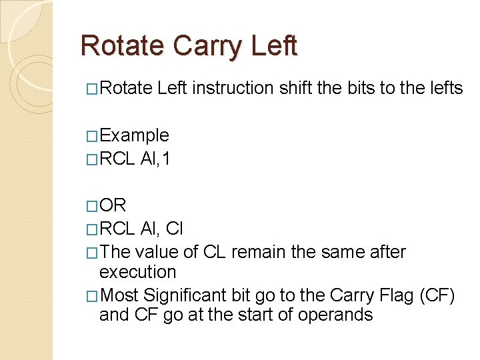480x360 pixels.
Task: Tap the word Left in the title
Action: pyautogui.click(x=275, y=46)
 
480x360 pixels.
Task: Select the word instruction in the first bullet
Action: pyautogui.click(x=231, y=88)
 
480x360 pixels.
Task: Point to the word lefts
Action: pyautogui.click(x=443, y=88)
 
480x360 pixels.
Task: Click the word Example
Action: pyautogui.click(x=133, y=135)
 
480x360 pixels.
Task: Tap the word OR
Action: pyautogui.click(x=112, y=205)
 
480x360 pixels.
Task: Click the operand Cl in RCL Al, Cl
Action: pyautogui.click(x=174, y=229)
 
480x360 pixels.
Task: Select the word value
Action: pyautogui.click(x=155, y=252)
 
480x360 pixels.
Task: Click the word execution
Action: pyautogui.click(x=137, y=272)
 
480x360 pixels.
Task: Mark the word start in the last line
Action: pyautogui.click(x=245, y=315)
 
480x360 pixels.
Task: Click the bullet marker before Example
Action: pyautogui.click(x=92, y=136)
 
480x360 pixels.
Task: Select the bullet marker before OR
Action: pyautogui.click(x=92, y=206)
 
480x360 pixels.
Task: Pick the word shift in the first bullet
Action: pyautogui.click(x=296, y=88)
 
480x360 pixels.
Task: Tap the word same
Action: pyautogui.click(x=335, y=252)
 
